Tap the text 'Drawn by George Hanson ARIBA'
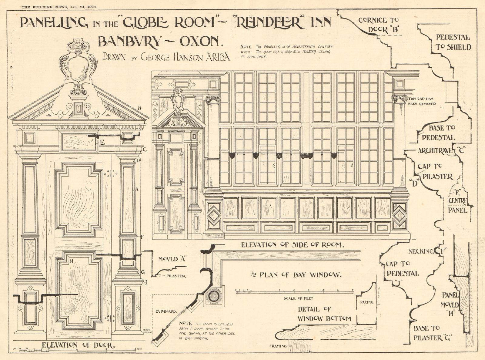tap(166, 57)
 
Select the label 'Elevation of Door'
tap(78, 345)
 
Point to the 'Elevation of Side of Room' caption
tap(293, 245)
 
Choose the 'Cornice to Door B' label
tap(377, 25)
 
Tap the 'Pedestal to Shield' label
tap(453, 42)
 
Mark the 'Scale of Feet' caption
tap(298, 298)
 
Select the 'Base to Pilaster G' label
tap(432, 333)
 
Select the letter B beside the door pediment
tap(139, 108)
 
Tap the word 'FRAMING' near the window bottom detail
tap(278, 346)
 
